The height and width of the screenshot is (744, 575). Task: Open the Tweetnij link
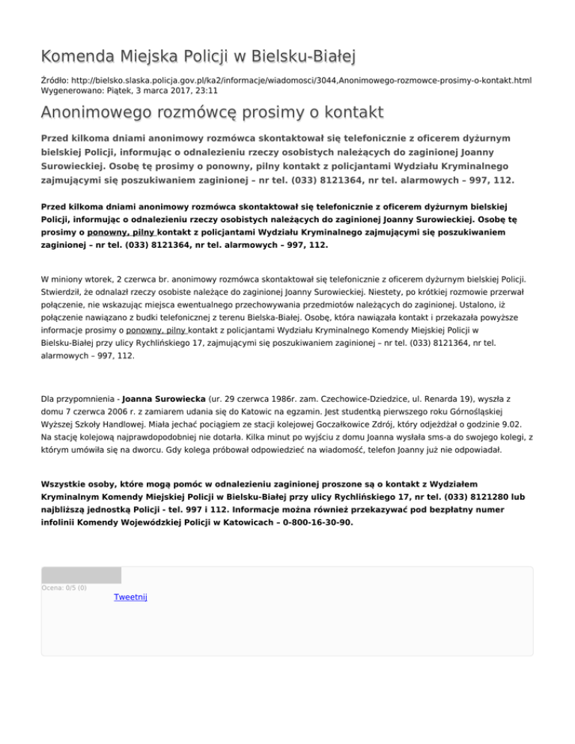(131, 597)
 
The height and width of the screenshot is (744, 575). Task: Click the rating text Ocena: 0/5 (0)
(64, 588)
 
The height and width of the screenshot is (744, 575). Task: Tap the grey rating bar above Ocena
(81, 575)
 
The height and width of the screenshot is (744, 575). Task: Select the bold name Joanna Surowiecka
(166, 401)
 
